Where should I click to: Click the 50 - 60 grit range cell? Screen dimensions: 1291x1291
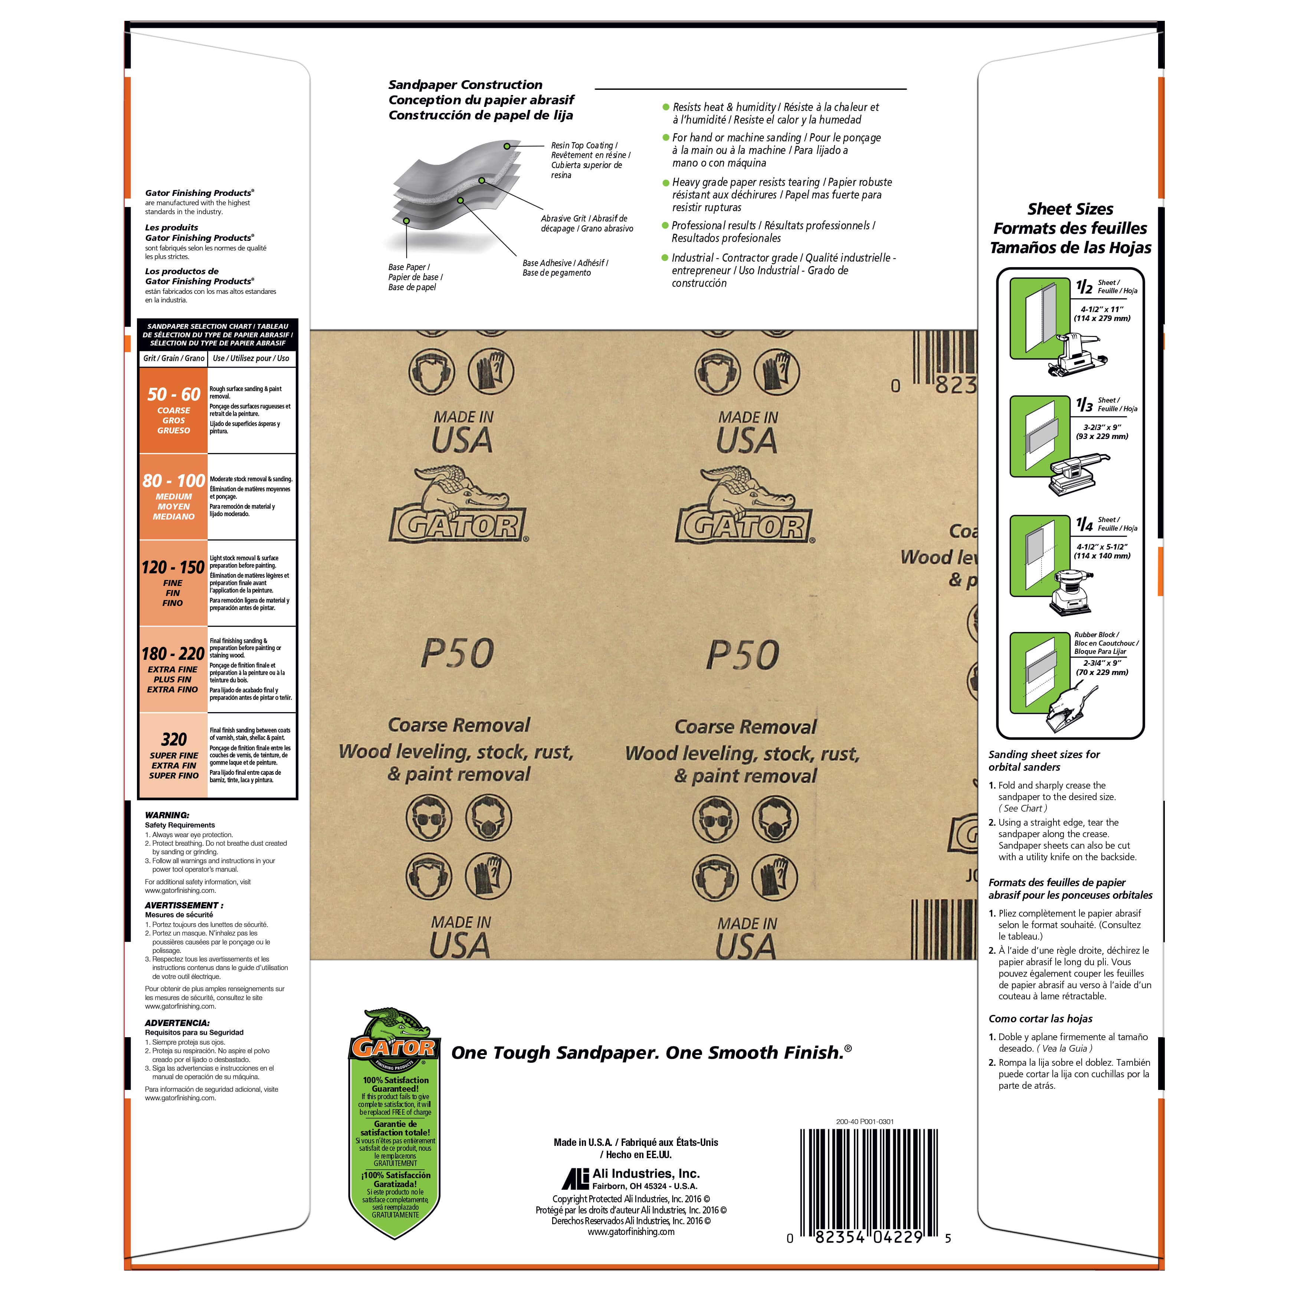pos(174,410)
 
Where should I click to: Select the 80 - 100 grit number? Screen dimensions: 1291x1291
pos(174,481)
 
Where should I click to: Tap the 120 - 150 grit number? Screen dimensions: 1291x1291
pos(173,567)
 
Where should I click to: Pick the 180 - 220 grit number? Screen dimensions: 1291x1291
pos(173,653)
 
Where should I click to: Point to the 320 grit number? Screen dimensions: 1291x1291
pos(174,739)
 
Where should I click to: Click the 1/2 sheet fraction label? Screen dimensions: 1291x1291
pos(1084,287)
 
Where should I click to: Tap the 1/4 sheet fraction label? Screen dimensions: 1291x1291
pos(1084,524)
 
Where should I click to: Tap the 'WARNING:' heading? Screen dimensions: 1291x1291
pos(167,815)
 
